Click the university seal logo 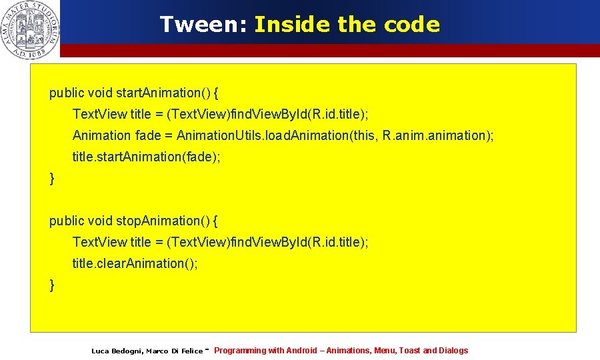[x=30, y=29]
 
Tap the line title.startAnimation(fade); [x=146, y=157]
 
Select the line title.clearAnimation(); [x=135, y=263]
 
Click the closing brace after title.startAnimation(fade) [x=53, y=178]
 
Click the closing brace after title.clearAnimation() [x=53, y=285]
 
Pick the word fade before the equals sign [x=148, y=135]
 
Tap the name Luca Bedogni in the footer [x=116, y=351]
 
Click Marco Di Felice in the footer [x=174, y=351]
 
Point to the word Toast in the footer [x=409, y=351]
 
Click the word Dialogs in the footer [x=453, y=351]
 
